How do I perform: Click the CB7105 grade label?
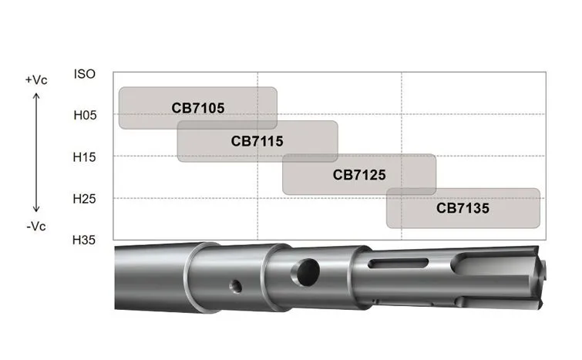[198, 108]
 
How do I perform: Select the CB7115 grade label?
[257, 141]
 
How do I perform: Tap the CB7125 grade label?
[359, 175]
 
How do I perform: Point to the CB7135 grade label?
[463, 208]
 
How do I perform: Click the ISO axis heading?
[85, 74]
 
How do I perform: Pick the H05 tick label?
[85, 115]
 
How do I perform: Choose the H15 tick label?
[84, 157]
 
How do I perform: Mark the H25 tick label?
[84, 199]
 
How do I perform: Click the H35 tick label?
[84, 240]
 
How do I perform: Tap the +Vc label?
[36, 80]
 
